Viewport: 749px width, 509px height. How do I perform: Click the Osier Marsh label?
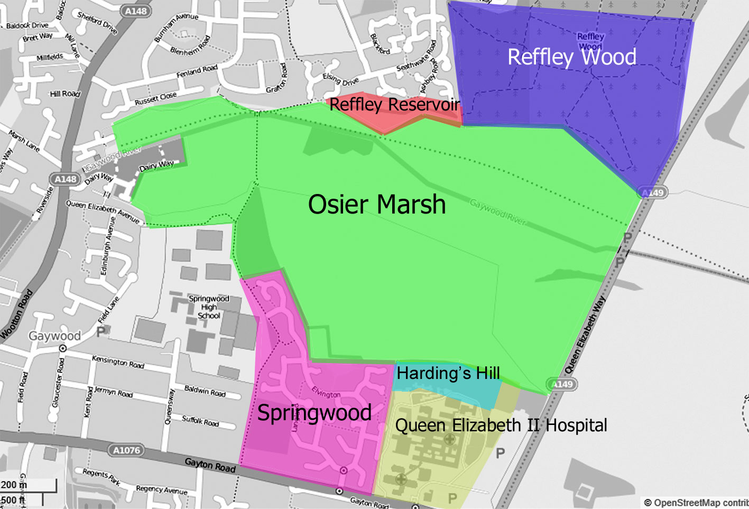pyautogui.click(x=376, y=205)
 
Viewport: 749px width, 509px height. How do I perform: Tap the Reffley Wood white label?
pyautogui.click(x=571, y=57)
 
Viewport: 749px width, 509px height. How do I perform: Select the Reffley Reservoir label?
pyautogui.click(x=394, y=105)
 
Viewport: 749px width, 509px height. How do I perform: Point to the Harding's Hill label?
pyautogui.click(x=448, y=373)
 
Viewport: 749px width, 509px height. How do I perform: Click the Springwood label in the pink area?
pyautogui.click(x=314, y=413)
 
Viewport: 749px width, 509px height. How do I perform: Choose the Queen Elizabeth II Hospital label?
pyautogui.click(x=501, y=425)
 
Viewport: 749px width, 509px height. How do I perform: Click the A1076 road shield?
pyautogui.click(x=127, y=450)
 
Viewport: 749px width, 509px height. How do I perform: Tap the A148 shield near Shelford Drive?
pyautogui.click(x=136, y=11)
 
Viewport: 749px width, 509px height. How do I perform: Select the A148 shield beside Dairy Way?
pyautogui.click(x=66, y=179)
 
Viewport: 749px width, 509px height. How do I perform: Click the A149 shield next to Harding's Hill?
pyautogui.click(x=562, y=384)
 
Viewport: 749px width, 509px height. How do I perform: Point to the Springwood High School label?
pyautogui.click(x=209, y=307)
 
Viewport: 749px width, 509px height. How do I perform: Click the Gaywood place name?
pyautogui.click(x=54, y=336)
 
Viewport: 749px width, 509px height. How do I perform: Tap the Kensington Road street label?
pyautogui.click(x=118, y=362)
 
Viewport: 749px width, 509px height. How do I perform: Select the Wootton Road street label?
pyautogui.click(x=17, y=314)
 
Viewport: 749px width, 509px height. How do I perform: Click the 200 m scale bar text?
pyautogui.click(x=14, y=485)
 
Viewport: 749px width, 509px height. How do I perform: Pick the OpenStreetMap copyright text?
pyautogui.click(x=695, y=503)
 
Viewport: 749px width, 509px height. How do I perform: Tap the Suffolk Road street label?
pyautogui.click(x=200, y=421)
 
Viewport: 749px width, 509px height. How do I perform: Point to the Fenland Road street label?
pyautogui.click(x=197, y=71)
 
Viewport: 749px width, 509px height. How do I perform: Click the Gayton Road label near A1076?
pyautogui.click(x=210, y=465)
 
